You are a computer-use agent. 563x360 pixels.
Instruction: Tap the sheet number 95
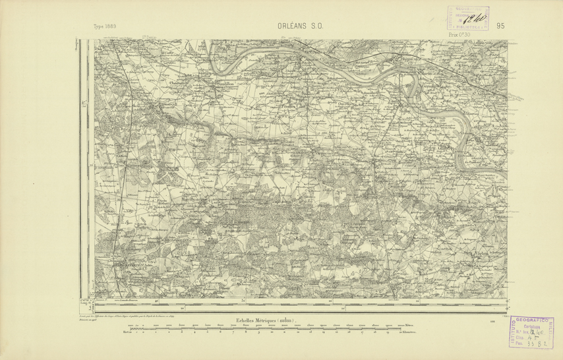tap(500, 26)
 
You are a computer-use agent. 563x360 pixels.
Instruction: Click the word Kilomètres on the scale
tap(413, 334)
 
